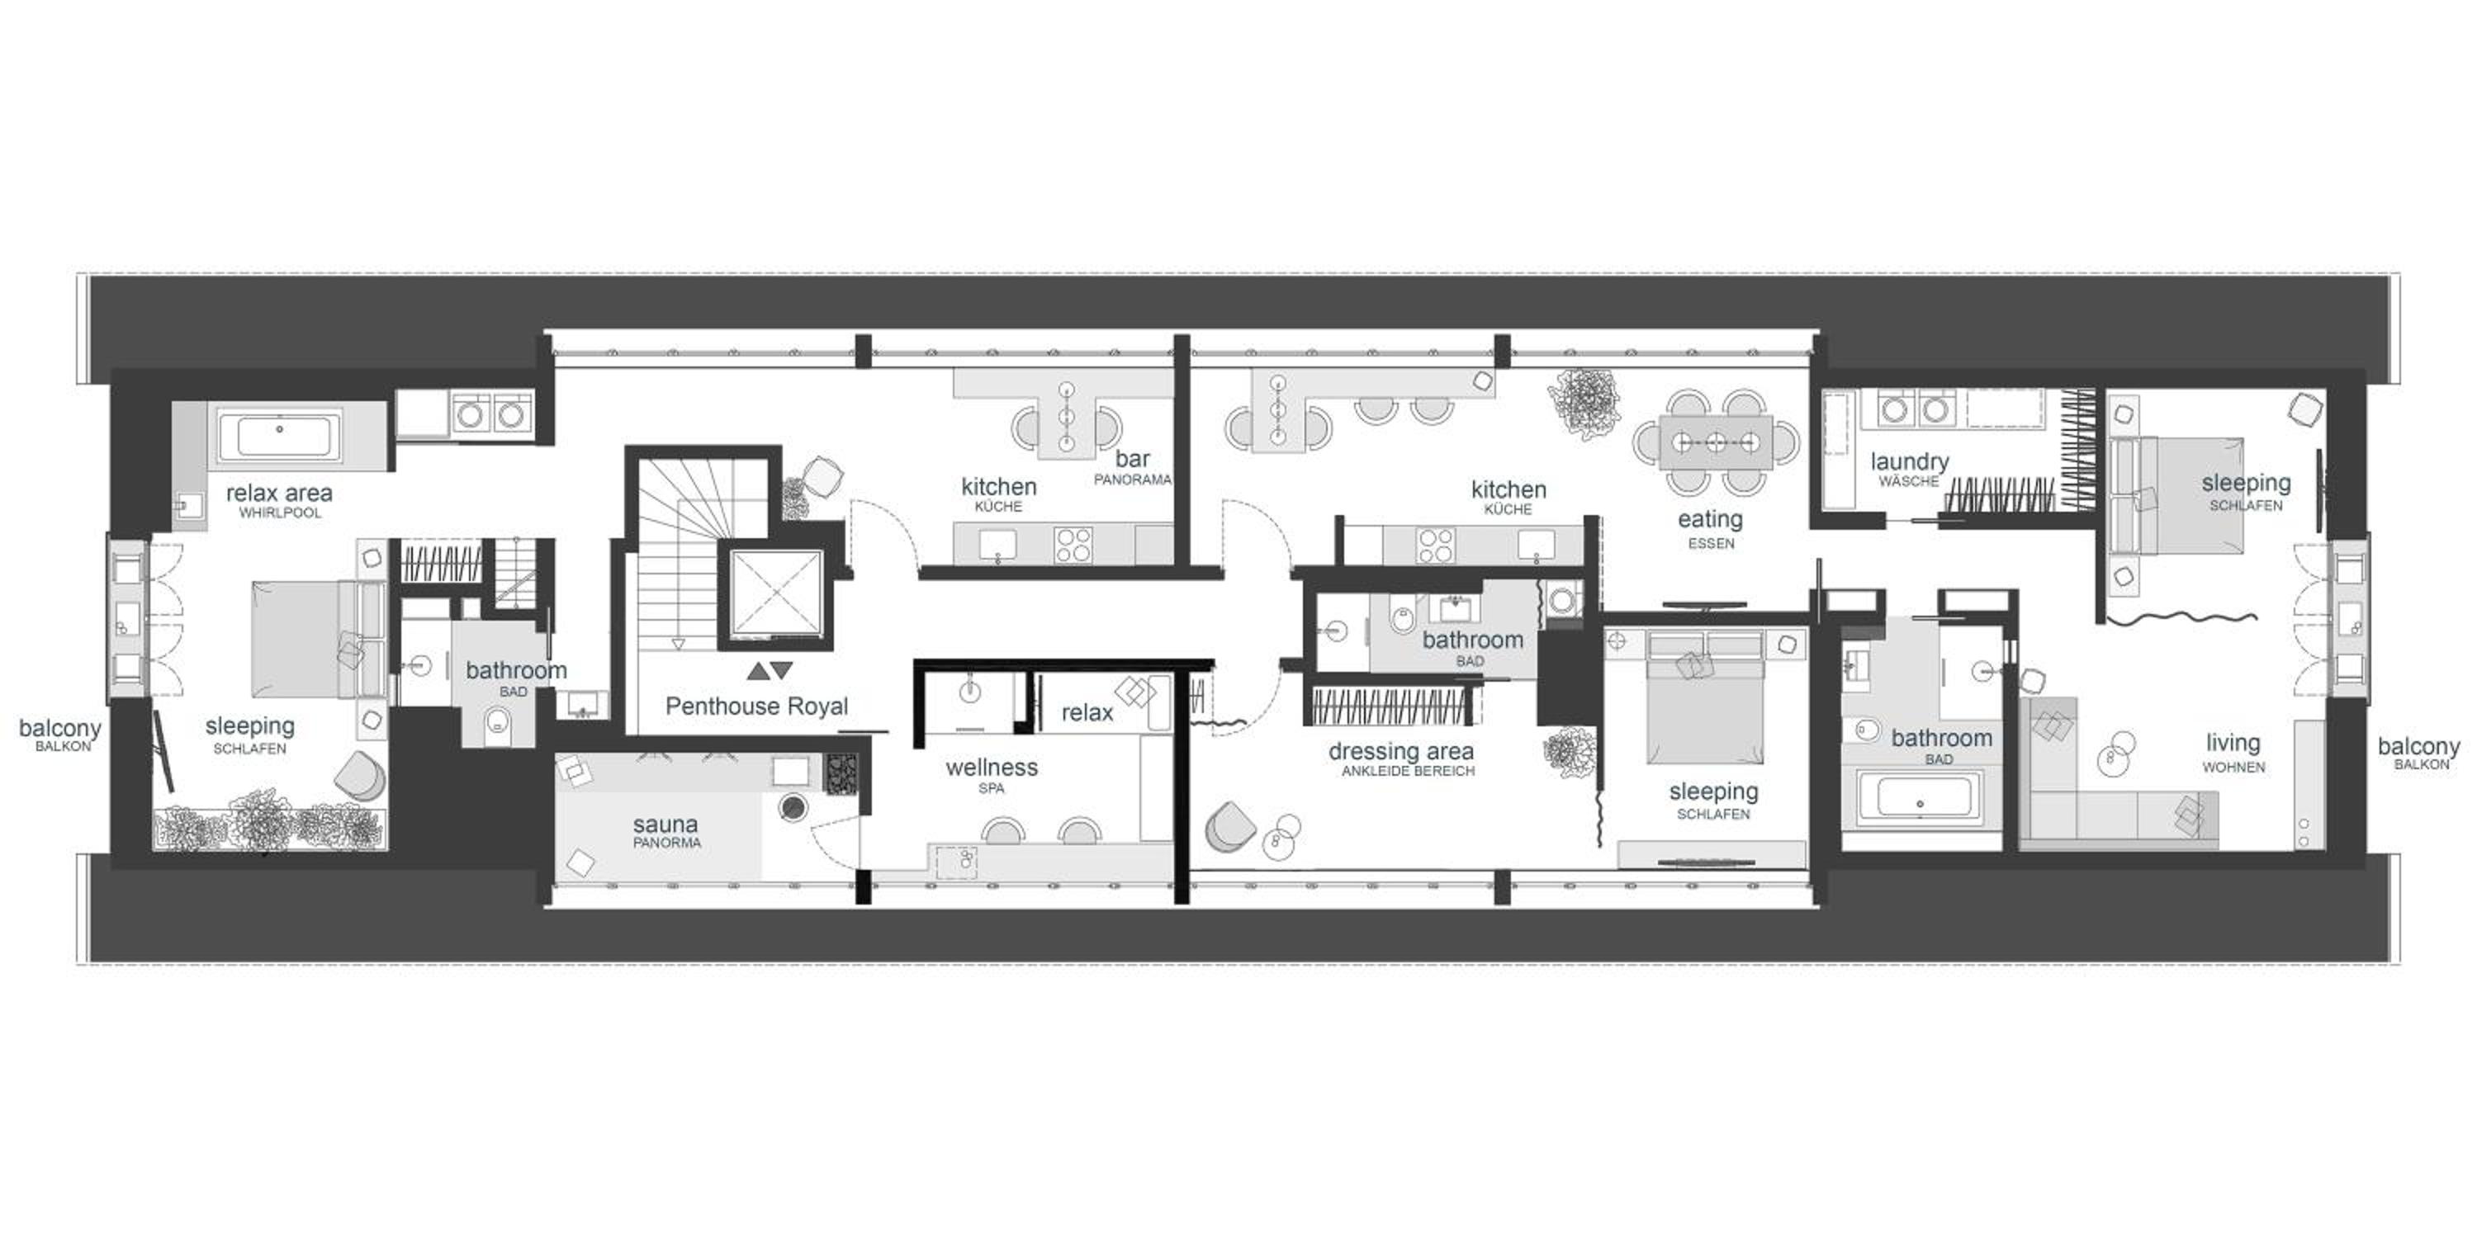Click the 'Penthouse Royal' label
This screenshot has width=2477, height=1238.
[x=757, y=706]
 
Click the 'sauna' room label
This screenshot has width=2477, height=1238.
[x=665, y=824]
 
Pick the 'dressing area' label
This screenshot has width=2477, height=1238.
[x=1401, y=751]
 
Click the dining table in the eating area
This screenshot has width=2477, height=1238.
[x=1717, y=442]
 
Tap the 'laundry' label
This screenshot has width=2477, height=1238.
[x=1910, y=462]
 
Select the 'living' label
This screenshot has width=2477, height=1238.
[x=2233, y=743]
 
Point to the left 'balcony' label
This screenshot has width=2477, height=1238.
[x=59, y=729]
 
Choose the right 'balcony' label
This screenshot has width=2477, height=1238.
[x=2418, y=746]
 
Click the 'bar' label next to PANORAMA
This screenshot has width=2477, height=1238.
[x=1133, y=460]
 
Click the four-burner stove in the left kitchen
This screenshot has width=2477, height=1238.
[x=1073, y=544]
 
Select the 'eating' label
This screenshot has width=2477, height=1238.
[x=1710, y=520]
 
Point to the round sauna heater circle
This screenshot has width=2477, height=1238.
[x=793, y=808]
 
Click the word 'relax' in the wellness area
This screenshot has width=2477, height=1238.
[x=1087, y=712]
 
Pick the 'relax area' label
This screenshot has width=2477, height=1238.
[x=279, y=493]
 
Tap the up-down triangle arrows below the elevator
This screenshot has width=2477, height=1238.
[x=770, y=670]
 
